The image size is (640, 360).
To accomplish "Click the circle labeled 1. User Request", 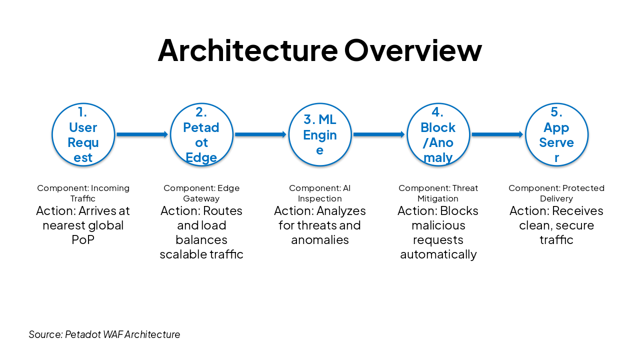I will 83,134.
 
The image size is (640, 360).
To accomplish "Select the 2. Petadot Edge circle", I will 201,134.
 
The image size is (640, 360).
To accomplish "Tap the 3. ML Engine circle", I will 320,134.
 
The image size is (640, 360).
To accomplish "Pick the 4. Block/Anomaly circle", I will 438,134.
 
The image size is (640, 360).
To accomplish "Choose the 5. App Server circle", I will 556,134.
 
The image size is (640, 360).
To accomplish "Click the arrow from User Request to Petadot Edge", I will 142,134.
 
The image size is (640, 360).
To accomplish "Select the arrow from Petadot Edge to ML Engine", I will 260,134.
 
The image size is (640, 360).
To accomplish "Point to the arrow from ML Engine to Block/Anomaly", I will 378,134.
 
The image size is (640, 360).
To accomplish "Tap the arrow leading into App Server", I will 497,134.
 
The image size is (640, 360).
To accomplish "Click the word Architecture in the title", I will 247,50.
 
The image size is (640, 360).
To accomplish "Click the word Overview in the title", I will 413,50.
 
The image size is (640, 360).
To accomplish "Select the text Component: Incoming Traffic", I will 83,193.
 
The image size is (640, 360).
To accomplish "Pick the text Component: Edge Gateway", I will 201,193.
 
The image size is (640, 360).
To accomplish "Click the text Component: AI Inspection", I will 320,193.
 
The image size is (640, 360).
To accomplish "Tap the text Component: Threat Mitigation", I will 438,193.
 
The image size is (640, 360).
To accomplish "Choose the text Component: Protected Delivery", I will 556,193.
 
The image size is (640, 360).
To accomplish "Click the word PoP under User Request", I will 83,240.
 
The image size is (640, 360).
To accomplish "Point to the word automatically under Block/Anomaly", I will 438,254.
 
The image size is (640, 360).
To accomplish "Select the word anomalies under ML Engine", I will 320,240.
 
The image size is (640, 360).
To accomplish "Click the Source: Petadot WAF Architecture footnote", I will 104,334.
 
